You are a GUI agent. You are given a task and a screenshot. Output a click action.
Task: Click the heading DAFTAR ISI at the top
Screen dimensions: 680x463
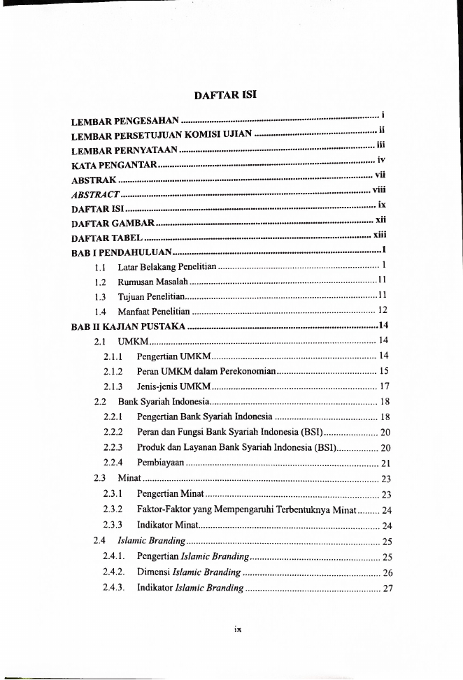tap(231, 93)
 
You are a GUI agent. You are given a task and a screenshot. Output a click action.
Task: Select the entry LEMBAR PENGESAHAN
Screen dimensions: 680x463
tap(127, 122)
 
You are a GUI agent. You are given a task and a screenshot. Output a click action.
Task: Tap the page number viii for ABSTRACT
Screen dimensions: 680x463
tap(379, 189)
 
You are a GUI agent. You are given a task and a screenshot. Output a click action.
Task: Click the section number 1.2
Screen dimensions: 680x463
tap(101, 281)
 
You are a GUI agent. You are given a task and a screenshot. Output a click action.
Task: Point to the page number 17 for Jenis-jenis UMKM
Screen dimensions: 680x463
tap(384, 386)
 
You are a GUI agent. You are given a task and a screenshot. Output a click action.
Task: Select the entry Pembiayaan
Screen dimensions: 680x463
tap(161, 463)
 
